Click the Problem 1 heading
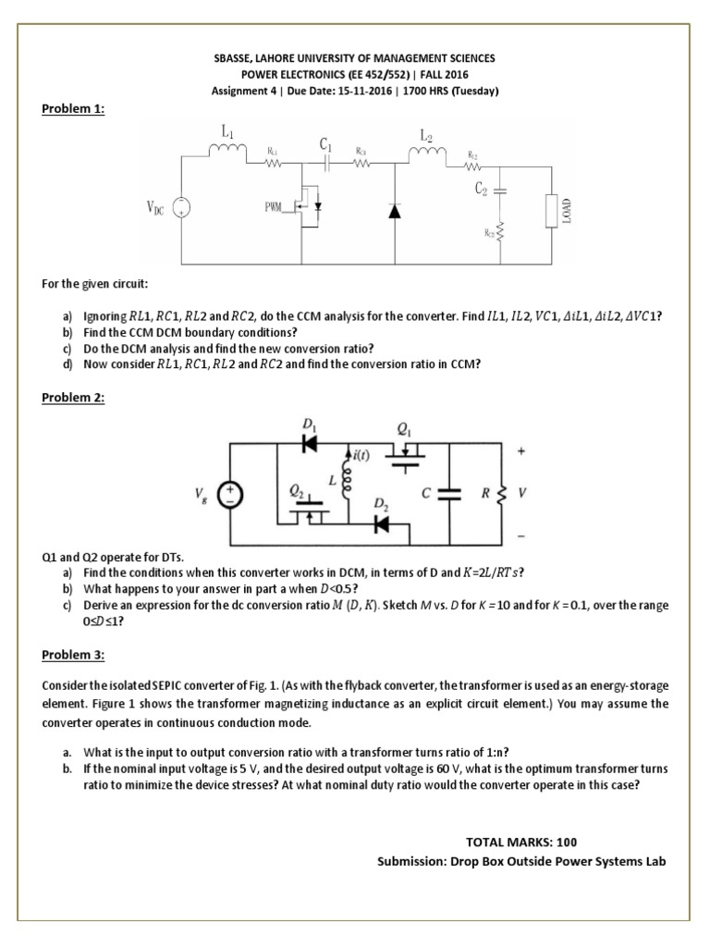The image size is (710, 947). point(74,108)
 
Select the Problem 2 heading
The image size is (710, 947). point(74,398)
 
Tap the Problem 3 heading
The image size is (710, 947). point(74,655)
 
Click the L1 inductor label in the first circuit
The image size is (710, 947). point(227,132)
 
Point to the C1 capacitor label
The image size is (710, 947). point(325,144)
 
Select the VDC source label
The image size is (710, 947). point(153,210)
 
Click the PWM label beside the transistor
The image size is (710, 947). point(275,210)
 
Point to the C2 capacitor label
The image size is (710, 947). point(481,188)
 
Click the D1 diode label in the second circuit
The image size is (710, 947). point(308,425)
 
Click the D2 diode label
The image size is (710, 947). point(380,505)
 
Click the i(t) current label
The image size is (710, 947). point(361,455)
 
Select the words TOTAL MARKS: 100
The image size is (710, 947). point(522,842)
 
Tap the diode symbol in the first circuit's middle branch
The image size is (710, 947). point(395,211)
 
